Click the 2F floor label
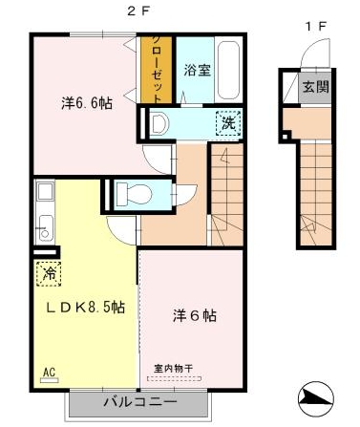138,11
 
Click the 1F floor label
315,26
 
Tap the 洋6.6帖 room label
87,103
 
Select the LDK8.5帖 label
85,308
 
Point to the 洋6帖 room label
195,316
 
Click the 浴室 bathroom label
198,71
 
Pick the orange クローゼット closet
157,70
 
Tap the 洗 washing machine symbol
228,123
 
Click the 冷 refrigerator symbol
49,273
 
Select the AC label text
50,372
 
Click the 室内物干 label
173,369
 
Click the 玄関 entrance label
315,86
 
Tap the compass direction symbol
316,398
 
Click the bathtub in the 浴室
227,70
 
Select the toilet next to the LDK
134,193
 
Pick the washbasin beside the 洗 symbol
159,123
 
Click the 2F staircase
227,195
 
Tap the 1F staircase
316,194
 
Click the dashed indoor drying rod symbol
174,378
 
